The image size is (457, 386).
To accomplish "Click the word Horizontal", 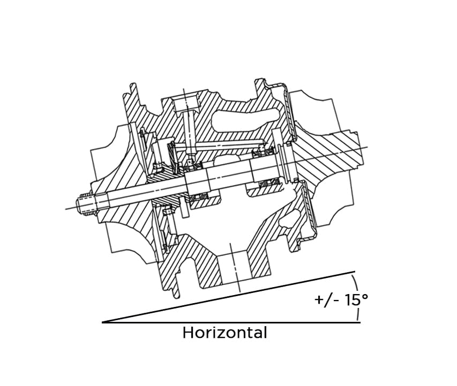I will coord(224,333).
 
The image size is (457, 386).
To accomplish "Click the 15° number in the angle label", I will coord(356,299).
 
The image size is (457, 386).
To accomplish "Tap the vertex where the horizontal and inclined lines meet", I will coord(103,322).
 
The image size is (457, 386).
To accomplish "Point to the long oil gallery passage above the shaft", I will coord(225,144).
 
